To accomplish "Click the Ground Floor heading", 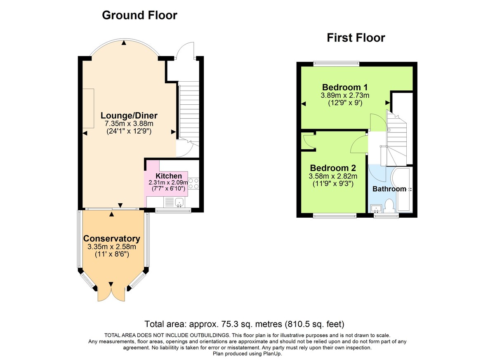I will [x=139, y=15].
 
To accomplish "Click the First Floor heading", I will [x=356, y=38].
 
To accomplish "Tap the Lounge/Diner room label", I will [x=129, y=115].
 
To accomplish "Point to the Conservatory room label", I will [x=111, y=239].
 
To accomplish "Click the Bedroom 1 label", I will [x=345, y=87].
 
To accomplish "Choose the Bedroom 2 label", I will [x=333, y=168].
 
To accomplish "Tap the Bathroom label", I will [x=389, y=189].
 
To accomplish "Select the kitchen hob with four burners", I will [x=193, y=184].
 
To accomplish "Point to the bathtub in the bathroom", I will [x=404, y=190].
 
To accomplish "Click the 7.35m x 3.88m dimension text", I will [x=129, y=123].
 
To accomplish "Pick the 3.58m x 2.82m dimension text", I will [x=333, y=176].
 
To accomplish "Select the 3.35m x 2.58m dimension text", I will [x=111, y=247].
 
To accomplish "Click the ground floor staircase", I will [x=189, y=111].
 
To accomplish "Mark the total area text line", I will [x=244, y=324].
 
